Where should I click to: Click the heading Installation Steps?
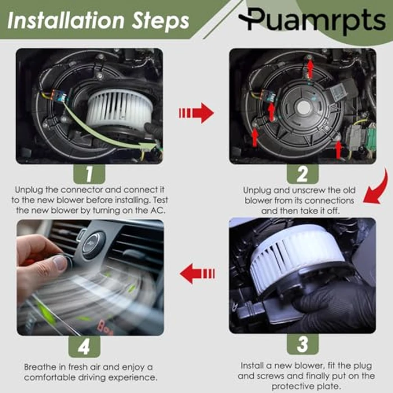point(98,21)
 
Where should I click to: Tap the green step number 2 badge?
point(302,174)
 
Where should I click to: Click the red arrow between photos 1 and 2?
point(196,113)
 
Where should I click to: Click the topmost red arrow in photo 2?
point(309,68)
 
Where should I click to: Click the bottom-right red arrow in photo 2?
point(338,149)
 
